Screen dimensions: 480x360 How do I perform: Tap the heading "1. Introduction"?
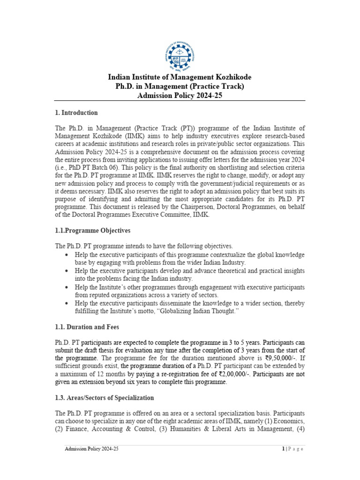tap(76, 112)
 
